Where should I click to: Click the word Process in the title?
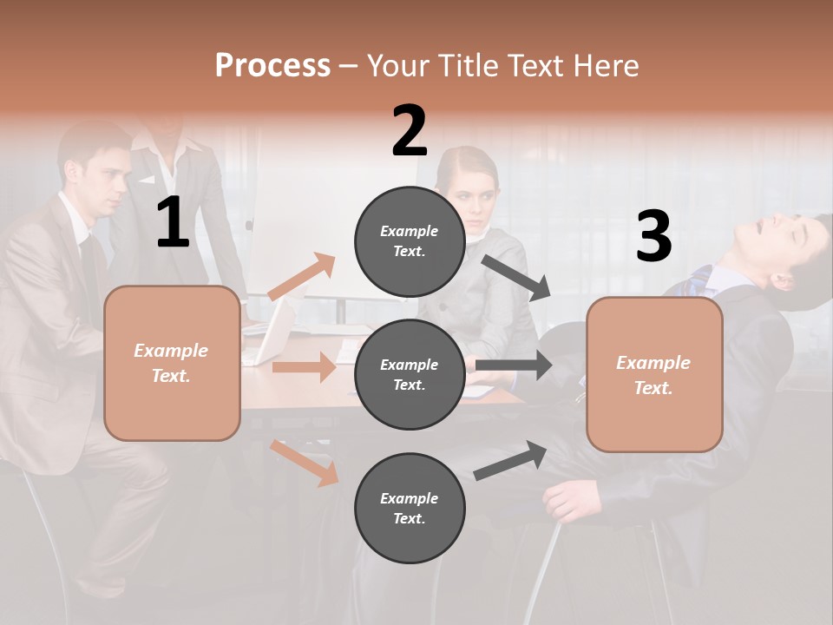coord(272,66)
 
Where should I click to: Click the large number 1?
coord(173,223)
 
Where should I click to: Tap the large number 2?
coord(410,131)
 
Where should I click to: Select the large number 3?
coord(653,237)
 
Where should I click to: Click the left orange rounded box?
coord(172,363)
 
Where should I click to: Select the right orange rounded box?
coord(654,374)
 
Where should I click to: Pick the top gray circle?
coord(410,240)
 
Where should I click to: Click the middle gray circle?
coord(410,374)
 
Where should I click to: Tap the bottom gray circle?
coord(410,508)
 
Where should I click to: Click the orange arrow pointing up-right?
coord(302,277)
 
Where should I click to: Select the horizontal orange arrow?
coord(303,367)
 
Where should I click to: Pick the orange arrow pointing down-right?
coord(305,462)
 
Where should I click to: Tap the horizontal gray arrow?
coord(512,365)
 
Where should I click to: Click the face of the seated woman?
coord(471,192)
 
